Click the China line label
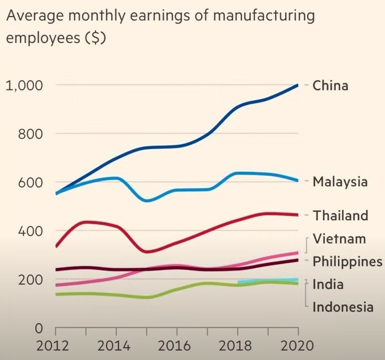tap(330, 86)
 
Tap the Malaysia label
tap(340, 182)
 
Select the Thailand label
tap(340, 216)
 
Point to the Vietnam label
tap(339, 239)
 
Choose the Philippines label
tap(347, 261)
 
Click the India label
tap(328, 284)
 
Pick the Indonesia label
tap(342, 307)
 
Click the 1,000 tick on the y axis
tap(24, 86)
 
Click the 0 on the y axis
tap(39, 328)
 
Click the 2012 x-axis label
tap(56, 347)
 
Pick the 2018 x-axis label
tap(238, 347)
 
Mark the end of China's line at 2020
tap(298, 85)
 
